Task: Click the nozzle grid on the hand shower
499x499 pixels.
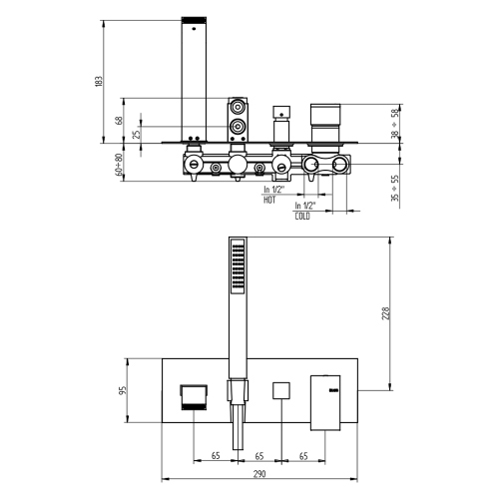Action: (237, 266)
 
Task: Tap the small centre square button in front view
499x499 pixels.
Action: (281, 390)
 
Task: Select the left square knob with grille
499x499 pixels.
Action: (192, 397)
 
